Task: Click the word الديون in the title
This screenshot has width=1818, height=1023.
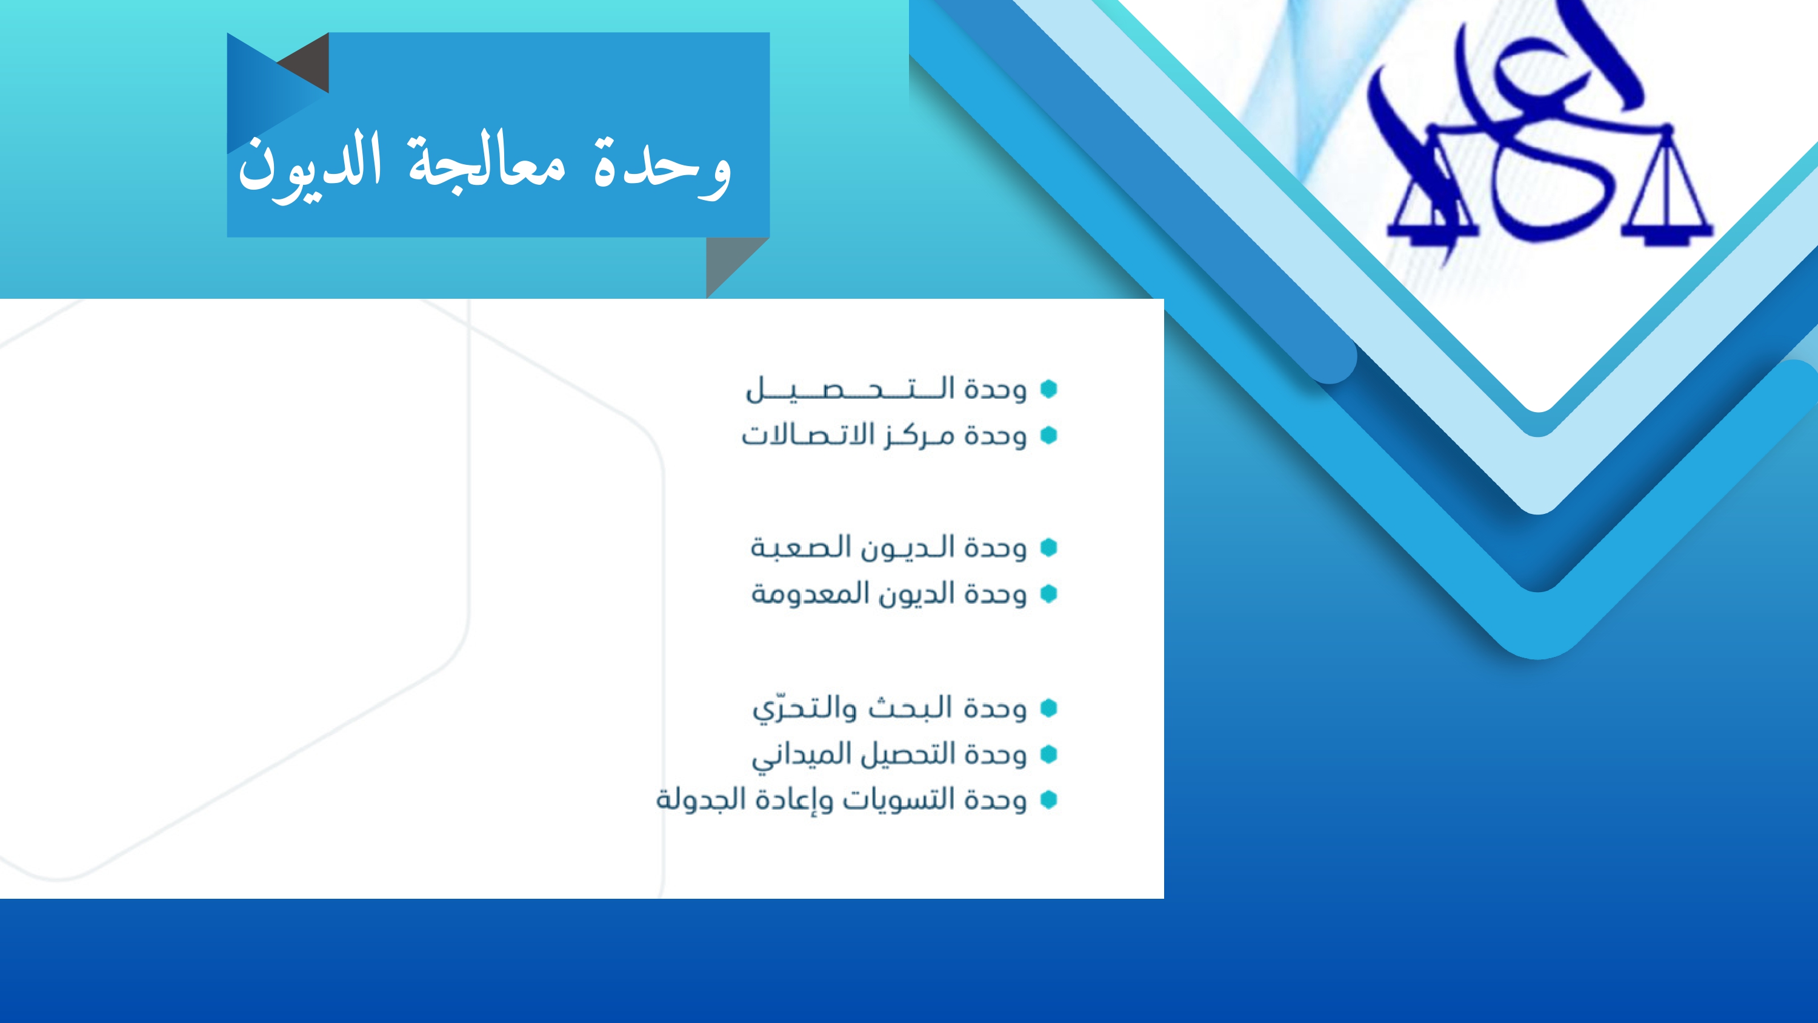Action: coord(310,167)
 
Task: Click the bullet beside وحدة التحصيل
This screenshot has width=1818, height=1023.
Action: coord(1049,389)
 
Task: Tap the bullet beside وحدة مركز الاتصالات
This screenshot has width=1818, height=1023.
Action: coord(1049,436)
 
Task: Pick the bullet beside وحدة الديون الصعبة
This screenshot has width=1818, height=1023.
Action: coord(1049,547)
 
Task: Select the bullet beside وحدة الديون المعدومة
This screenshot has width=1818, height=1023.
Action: coord(1049,594)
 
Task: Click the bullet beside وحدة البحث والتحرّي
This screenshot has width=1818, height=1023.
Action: coord(1049,707)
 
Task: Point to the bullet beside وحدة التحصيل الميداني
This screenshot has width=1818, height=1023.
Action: coord(1049,754)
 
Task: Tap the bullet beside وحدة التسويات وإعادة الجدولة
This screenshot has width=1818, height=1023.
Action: coord(1049,799)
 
